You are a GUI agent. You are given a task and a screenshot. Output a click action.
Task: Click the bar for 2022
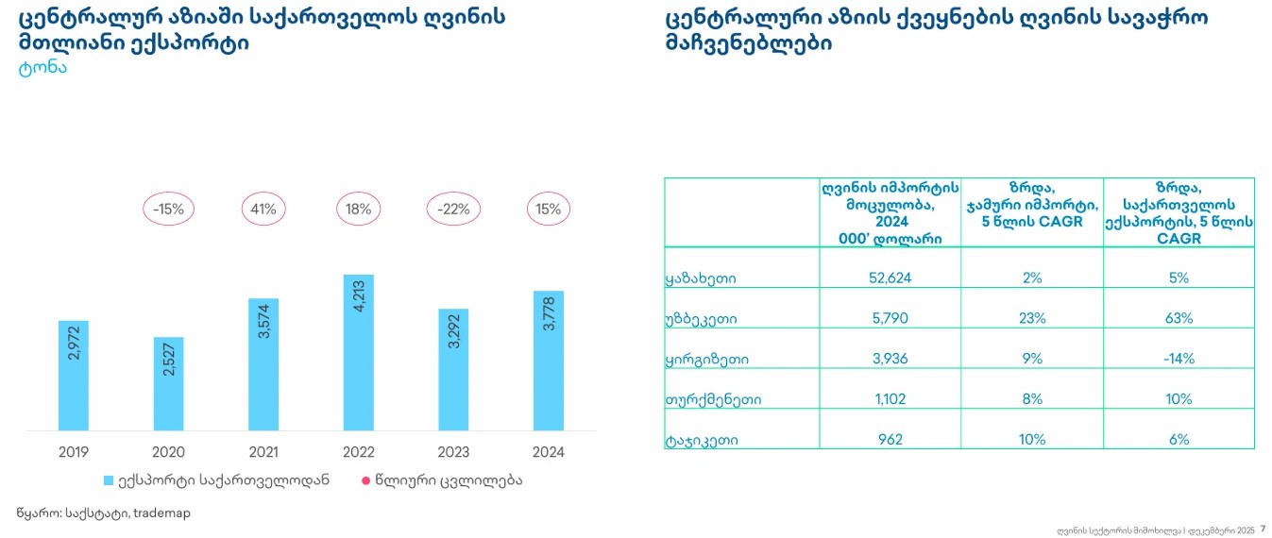[359, 352]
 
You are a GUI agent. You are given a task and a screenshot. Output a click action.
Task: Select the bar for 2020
[169, 383]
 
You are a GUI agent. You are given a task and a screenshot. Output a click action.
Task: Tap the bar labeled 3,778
[549, 361]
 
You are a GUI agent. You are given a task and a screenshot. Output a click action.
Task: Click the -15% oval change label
[169, 210]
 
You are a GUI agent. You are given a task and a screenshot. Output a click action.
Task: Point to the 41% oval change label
[264, 210]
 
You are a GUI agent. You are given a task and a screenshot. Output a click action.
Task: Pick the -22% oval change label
[453, 210]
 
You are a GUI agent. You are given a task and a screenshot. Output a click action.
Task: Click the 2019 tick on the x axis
[74, 452]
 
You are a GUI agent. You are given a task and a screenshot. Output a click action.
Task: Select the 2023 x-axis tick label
[453, 452]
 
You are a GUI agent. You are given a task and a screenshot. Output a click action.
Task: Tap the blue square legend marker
[109, 480]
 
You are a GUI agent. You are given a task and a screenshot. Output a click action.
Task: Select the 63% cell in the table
[1178, 318]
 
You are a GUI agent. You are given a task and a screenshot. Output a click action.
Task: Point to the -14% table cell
[1178, 359]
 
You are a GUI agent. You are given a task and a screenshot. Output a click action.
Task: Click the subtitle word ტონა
[42, 68]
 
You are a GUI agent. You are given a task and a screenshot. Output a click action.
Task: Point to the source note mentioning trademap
[95, 513]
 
